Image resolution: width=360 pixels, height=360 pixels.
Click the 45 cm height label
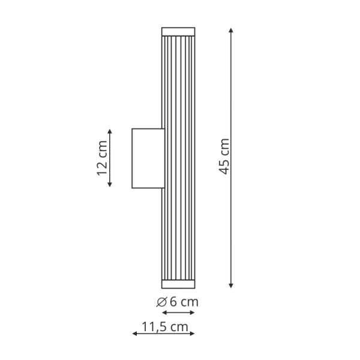pos(224,157)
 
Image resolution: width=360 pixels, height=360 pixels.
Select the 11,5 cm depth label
pos(164,326)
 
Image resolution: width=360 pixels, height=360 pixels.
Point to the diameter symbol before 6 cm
pos(161,302)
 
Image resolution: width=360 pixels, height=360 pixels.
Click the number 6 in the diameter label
pos(172,302)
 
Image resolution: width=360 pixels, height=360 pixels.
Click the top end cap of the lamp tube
pos(178,32)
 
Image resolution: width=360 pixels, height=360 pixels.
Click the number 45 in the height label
pos(224,166)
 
